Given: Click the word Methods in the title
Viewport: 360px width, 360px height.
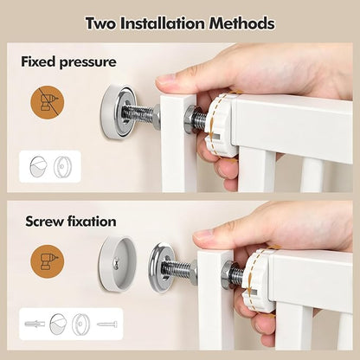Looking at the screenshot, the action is [x=241, y=23].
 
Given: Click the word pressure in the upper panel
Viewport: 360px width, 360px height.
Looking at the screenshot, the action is [x=87, y=62].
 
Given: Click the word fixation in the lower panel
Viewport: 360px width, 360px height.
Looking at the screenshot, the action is [x=92, y=222].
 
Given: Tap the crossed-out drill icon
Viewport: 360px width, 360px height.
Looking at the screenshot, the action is [x=48, y=102].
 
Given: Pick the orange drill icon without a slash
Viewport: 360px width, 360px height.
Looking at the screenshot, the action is [x=48, y=261].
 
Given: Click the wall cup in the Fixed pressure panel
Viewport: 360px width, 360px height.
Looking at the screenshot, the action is [x=118, y=112].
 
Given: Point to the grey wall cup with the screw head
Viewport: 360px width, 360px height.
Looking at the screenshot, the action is [x=118, y=264].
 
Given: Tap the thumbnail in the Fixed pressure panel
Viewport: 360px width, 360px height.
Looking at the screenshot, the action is [x=50, y=166].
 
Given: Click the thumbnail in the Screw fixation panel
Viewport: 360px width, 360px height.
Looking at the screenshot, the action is [x=71, y=324].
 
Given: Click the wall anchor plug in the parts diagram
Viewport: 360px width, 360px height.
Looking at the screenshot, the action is [x=35, y=324].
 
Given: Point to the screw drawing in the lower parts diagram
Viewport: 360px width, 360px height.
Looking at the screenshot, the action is [x=107, y=325].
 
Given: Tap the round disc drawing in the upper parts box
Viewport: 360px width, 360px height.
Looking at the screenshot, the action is [x=62, y=167].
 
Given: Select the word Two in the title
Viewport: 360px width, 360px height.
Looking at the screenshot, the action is [x=100, y=23].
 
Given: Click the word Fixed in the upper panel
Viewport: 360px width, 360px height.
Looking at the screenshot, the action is [x=38, y=61].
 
